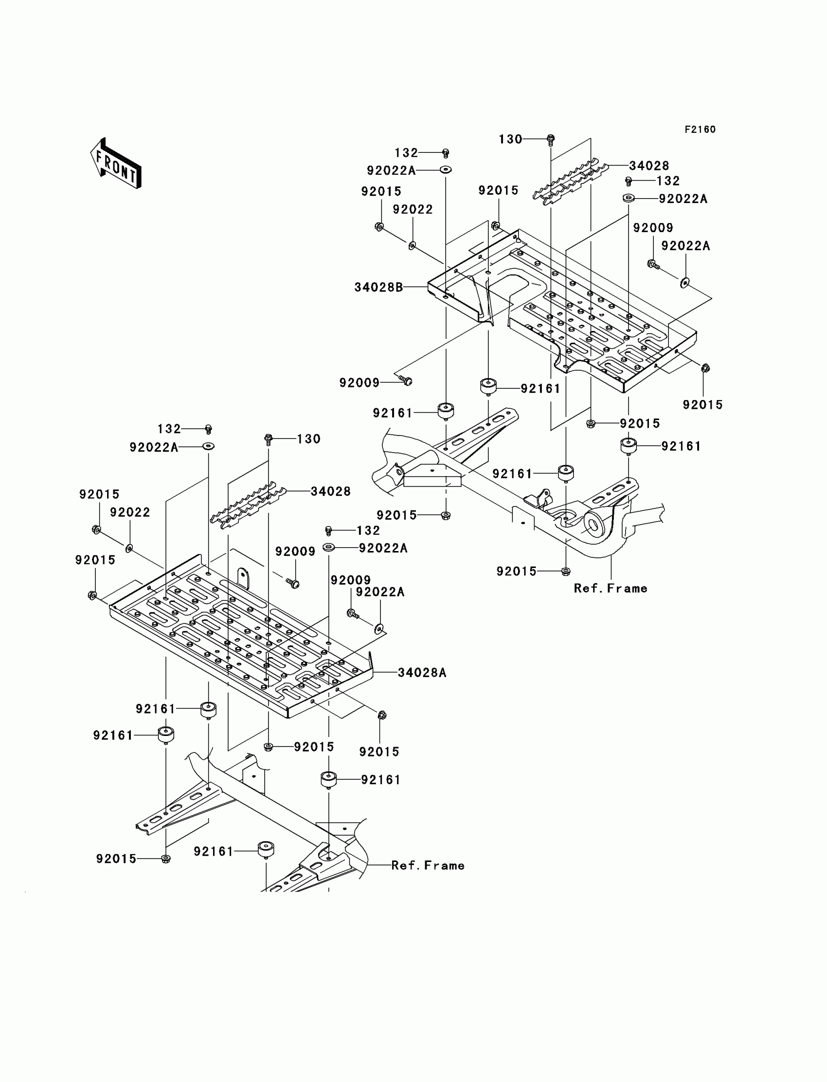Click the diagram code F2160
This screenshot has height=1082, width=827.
tap(700, 129)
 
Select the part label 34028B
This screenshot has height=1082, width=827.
tap(378, 287)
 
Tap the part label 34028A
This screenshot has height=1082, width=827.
tap(422, 673)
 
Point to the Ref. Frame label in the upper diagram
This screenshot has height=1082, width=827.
tap(611, 588)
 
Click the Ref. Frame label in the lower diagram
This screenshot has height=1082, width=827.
tap(428, 866)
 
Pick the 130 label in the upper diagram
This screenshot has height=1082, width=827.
tap(510, 139)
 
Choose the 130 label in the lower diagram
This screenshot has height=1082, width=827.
tap(308, 439)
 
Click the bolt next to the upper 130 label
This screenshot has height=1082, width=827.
tap(551, 140)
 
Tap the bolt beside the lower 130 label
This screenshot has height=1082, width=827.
tap(268, 439)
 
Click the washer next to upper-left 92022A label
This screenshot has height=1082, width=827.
tap(446, 170)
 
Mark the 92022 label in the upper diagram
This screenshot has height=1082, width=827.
tap(413, 210)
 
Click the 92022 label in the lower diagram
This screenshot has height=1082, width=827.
tap(130, 513)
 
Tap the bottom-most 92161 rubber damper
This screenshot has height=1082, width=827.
tap(266, 849)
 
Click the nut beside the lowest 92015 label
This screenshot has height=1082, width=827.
tap(166, 860)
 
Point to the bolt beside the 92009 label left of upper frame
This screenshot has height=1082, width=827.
tap(406, 381)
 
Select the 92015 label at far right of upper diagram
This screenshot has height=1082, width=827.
tap(702, 405)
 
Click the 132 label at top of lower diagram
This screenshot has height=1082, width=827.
tap(169, 429)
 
